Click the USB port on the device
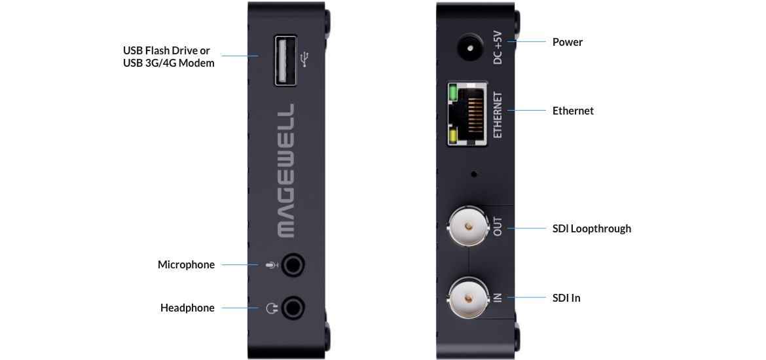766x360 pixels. pos(285,60)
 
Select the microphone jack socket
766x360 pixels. pos(293,265)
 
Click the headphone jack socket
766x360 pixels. pos(293,308)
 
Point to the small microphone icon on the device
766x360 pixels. pos(272,265)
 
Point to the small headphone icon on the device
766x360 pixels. pos(272,308)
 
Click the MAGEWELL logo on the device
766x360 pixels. pos(286,170)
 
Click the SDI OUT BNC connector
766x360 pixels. pos(469,226)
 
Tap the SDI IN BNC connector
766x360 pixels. pos(469,297)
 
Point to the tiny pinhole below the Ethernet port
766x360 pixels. pos(473,173)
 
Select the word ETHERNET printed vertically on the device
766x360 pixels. pos(498,115)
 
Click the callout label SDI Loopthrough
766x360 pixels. pos(592,228)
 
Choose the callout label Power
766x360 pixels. pos(568,42)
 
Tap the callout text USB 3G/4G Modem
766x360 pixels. pos(168,63)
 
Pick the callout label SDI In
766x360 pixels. pos(567,297)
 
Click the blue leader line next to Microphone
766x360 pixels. pos(240,265)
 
